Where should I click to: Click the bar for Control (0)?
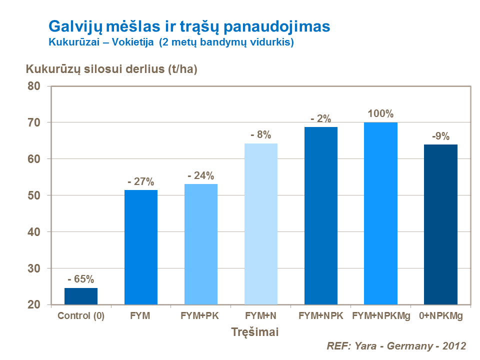coord(81,296)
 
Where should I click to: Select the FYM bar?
coord(141,247)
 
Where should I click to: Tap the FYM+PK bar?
coord(201,244)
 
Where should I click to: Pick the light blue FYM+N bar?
coord(261,224)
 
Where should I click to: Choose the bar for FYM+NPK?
coord(321,215)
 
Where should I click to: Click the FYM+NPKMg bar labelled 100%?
coord(380,213)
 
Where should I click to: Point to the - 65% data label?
coord(80,279)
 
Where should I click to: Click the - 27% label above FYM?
coord(141,181)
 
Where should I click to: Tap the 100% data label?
coord(380,113)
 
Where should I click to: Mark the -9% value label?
coord(440,136)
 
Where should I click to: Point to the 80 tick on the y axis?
coord(33,86)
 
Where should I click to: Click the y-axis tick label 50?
coord(33,195)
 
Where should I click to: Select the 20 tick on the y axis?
coord(33,305)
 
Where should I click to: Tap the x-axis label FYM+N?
coord(261,316)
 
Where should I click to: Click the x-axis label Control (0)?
coord(81,316)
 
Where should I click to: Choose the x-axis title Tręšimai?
coord(255,331)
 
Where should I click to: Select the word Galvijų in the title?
coord(74,26)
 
